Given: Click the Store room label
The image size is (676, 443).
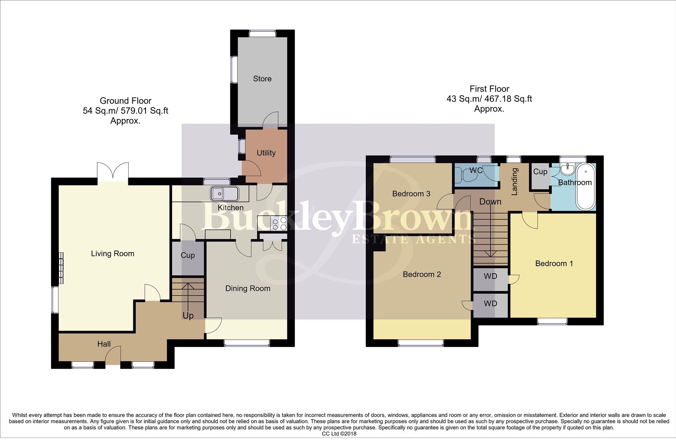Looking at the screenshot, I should (262, 79).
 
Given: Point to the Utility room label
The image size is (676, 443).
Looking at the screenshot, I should (266, 153).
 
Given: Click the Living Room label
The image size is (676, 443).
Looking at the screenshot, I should (112, 254).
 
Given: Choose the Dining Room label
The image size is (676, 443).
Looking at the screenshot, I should (248, 289).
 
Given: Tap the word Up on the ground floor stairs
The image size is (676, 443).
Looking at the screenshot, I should (188, 316).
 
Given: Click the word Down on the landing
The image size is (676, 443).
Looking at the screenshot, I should (490, 202).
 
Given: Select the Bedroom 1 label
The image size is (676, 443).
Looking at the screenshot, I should (554, 264).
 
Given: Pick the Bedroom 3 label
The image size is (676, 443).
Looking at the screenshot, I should (411, 194).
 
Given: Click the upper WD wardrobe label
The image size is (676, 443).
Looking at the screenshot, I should (490, 276).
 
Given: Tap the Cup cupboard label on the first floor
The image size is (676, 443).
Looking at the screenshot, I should (540, 172).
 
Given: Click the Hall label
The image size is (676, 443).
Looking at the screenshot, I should (104, 344).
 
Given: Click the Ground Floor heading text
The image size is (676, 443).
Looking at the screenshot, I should (125, 101).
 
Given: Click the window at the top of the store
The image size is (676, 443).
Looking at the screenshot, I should (262, 33).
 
